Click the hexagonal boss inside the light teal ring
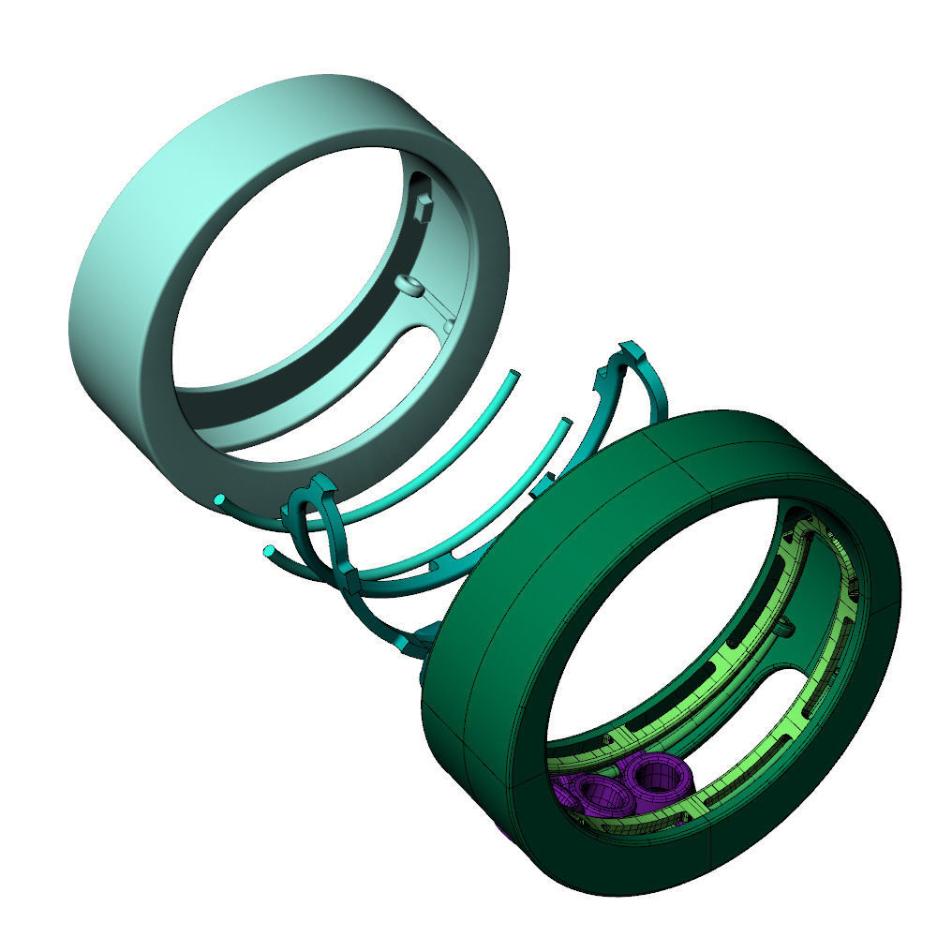(424, 208)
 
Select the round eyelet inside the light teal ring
(408, 284)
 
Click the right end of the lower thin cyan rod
(565, 424)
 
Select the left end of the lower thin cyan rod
(270, 550)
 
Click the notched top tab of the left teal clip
(319, 487)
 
